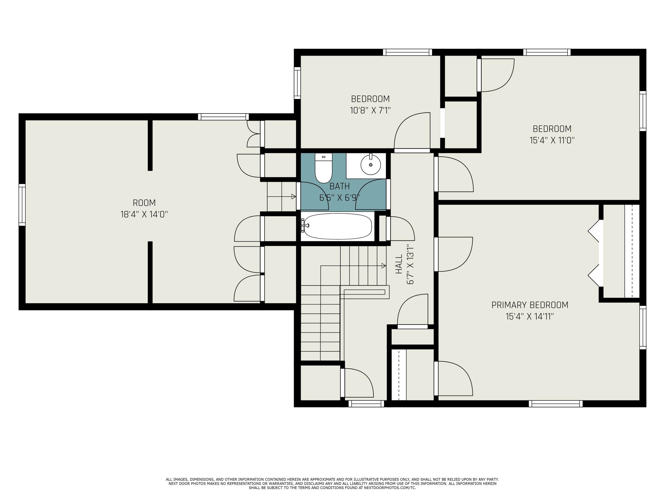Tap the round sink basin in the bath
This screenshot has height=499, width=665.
point(370,165)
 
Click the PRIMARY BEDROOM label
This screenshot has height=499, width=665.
point(530,305)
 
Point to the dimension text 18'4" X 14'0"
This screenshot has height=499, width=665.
point(144,214)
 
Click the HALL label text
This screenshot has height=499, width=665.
point(399,264)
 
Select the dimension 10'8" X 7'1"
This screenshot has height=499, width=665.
point(370,110)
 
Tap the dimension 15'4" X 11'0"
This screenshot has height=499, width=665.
point(552,140)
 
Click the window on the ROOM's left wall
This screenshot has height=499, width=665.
point(22,205)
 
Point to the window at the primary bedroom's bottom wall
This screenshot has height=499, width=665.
point(555,404)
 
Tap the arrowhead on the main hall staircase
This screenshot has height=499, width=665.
point(384,266)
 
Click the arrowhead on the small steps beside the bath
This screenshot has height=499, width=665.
point(293,197)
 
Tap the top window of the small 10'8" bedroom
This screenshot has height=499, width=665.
point(407,52)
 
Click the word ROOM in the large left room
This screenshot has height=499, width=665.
point(144,203)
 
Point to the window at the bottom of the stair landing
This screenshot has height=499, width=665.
point(366,404)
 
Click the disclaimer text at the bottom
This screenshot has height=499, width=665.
point(332,483)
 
